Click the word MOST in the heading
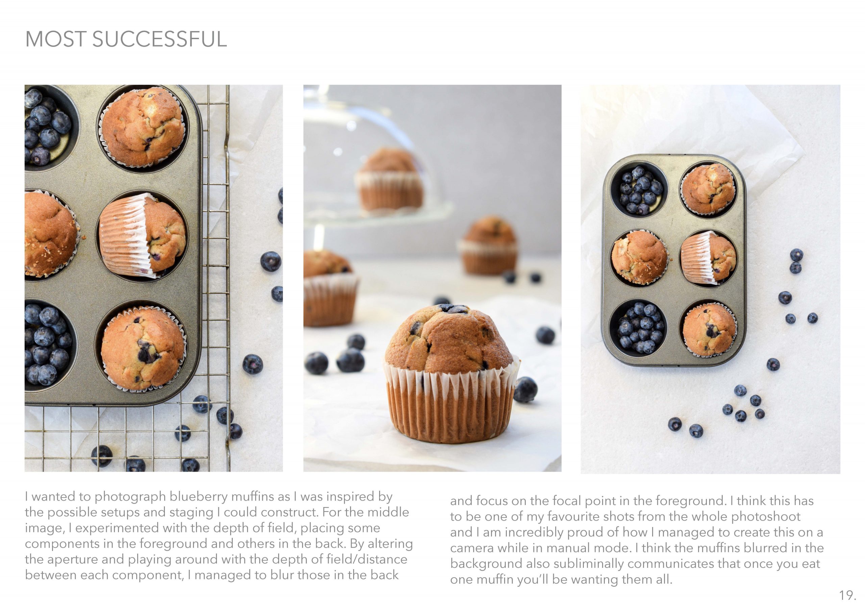click(x=55, y=39)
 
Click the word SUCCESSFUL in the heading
click(x=159, y=39)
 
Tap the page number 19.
click(x=847, y=595)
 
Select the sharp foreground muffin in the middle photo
click(x=451, y=373)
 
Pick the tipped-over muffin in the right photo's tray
click(x=708, y=258)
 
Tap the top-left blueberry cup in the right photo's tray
click(x=639, y=190)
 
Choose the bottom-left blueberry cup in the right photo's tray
click(x=638, y=328)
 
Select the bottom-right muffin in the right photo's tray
click(x=709, y=329)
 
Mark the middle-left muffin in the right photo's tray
click(x=639, y=258)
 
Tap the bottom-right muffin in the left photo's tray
click(x=143, y=349)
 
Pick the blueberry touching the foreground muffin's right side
click(x=525, y=389)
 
